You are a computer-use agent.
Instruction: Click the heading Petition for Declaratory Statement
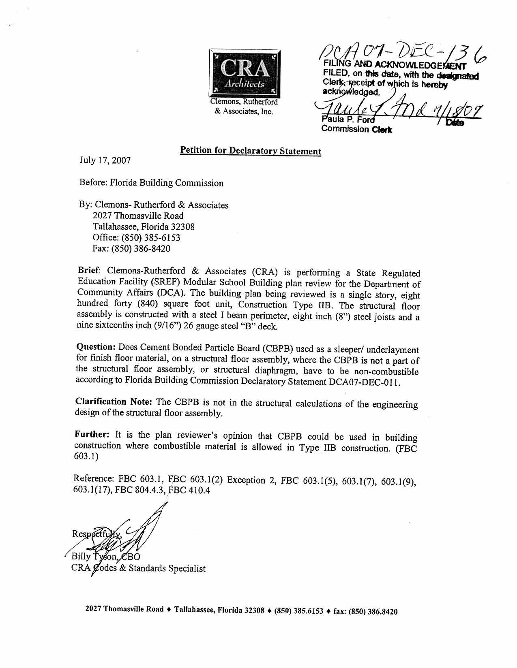[x=251, y=151]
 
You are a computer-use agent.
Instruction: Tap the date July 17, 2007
[x=105, y=160]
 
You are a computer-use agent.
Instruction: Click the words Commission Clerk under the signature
[x=356, y=129]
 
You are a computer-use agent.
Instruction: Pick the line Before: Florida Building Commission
[x=152, y=183]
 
